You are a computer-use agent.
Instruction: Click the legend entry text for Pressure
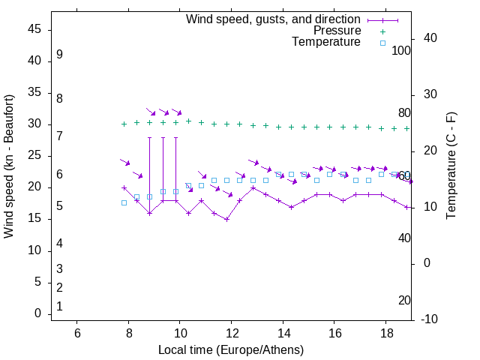(x=337, y=31)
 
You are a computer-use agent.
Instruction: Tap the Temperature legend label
(x=326, y=42)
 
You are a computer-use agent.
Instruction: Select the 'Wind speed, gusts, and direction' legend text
(x=274, y=19)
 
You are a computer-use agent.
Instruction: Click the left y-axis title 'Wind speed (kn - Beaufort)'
(x=9, y=166)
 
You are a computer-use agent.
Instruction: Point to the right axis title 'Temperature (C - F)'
(x=451, y=166)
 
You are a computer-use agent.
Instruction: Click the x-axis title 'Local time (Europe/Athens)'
(x=231, y=350)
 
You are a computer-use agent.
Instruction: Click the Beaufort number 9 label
(x=59, y=55)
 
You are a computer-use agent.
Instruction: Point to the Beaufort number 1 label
(x=59, y=306)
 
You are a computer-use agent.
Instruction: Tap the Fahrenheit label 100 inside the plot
(x=401, y=50)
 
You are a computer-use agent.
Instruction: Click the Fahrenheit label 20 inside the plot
(x=404, y=301)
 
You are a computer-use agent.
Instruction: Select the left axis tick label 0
(x=38, y=313)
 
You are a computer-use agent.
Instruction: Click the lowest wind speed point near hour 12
(x=226, y=219)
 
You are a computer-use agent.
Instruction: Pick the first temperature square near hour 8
(x=124, y=202)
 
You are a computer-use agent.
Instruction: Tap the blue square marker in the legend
(x=382, y=43)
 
